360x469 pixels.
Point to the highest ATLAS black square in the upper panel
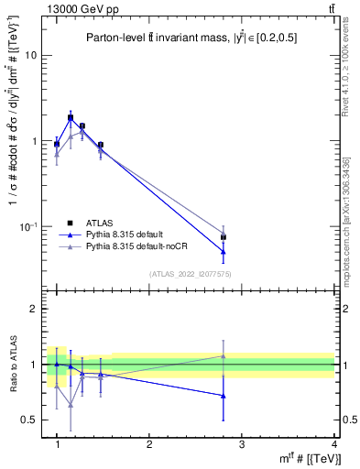pos(71,117)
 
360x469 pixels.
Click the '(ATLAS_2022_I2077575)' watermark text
pos(189,274)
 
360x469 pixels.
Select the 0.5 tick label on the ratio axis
pos(32,420)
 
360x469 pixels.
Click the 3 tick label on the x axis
pos(242,444)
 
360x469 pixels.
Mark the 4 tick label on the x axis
pos(333,444)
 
